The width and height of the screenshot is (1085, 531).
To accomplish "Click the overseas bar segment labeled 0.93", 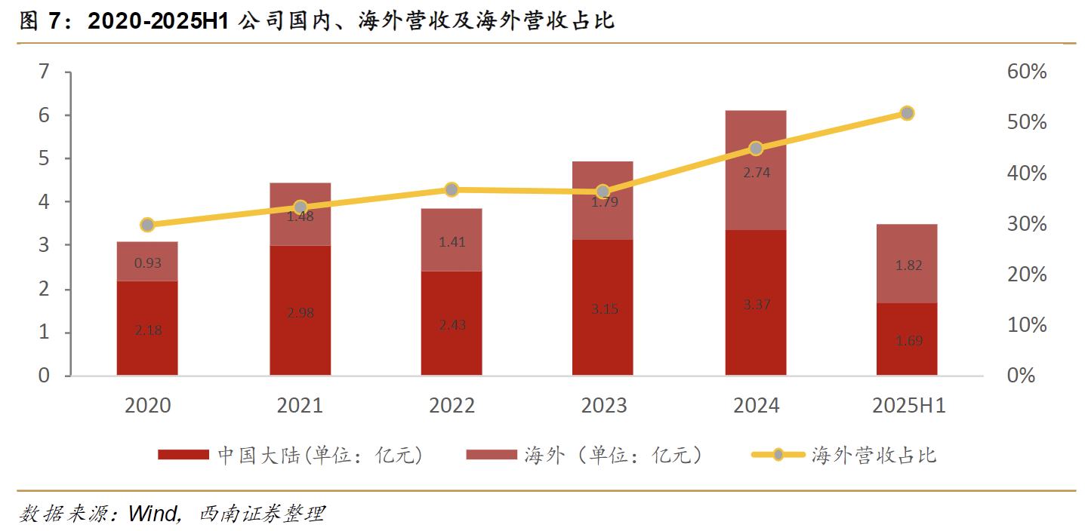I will pyautogui.click(x=147, y=262).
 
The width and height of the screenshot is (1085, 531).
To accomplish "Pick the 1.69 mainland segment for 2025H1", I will pyautogui.click(x=907, y=339).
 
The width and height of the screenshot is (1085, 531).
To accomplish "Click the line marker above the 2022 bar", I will pyautogui.click(x=452, y=189).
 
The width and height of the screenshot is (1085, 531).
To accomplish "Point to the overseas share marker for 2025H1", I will pyautogui.click(x=908, y=113).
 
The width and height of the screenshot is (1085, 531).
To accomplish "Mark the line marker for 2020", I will pyautogui.click(x=147, y=225).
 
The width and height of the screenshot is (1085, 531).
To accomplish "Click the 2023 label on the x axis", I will pyautogui.click(x=603, y=406).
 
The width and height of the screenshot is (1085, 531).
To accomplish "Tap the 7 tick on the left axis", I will pyautogui.click(x=44, y=72).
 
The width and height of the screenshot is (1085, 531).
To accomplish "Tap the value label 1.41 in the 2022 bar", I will pyautogui.click(x=452, y=242).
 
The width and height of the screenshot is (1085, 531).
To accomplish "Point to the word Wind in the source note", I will pyautogui.click(x=154, y=514).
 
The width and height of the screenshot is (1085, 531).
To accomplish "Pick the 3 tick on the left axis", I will pyautogui.click(x=44, y=246).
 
